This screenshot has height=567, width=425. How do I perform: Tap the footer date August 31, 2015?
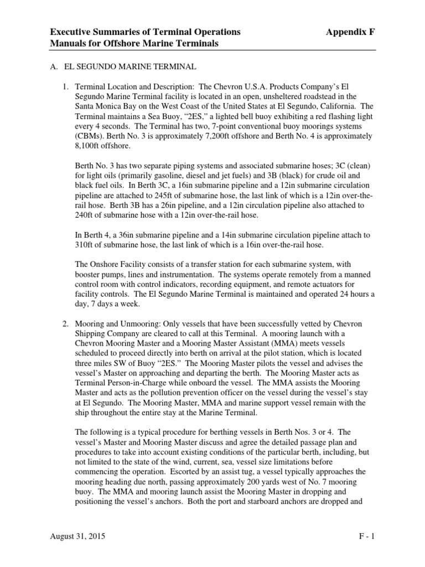77,537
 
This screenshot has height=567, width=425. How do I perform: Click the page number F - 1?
366,537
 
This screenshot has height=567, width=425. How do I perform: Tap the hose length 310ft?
89,245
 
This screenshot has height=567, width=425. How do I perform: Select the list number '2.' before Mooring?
65,323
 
